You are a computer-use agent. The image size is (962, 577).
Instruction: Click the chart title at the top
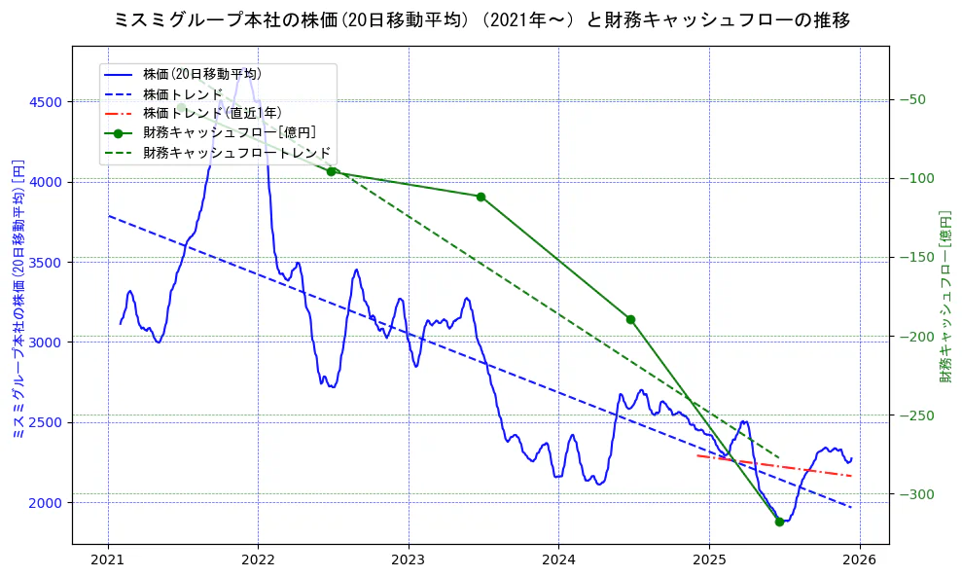point(481,20)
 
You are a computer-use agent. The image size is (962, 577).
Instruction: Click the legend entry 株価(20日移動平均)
point(201,74)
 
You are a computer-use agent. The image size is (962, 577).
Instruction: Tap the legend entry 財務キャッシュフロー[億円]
point(229,133)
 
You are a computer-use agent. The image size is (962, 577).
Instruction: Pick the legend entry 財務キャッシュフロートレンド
point(236,153)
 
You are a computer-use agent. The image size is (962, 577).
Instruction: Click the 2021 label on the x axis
point(108,560)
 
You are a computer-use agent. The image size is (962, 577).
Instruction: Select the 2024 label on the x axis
point(558,560)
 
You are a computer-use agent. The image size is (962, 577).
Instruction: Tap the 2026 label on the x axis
point(859,560)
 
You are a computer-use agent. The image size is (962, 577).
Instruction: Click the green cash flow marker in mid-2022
point(332,171)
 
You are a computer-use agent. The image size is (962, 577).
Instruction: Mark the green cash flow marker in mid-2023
point(481,197)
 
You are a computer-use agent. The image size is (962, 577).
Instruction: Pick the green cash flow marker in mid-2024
point(630,319)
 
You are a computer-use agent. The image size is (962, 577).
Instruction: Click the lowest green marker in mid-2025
point(779,522)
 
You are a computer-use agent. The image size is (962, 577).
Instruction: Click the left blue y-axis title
point(17,300)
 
